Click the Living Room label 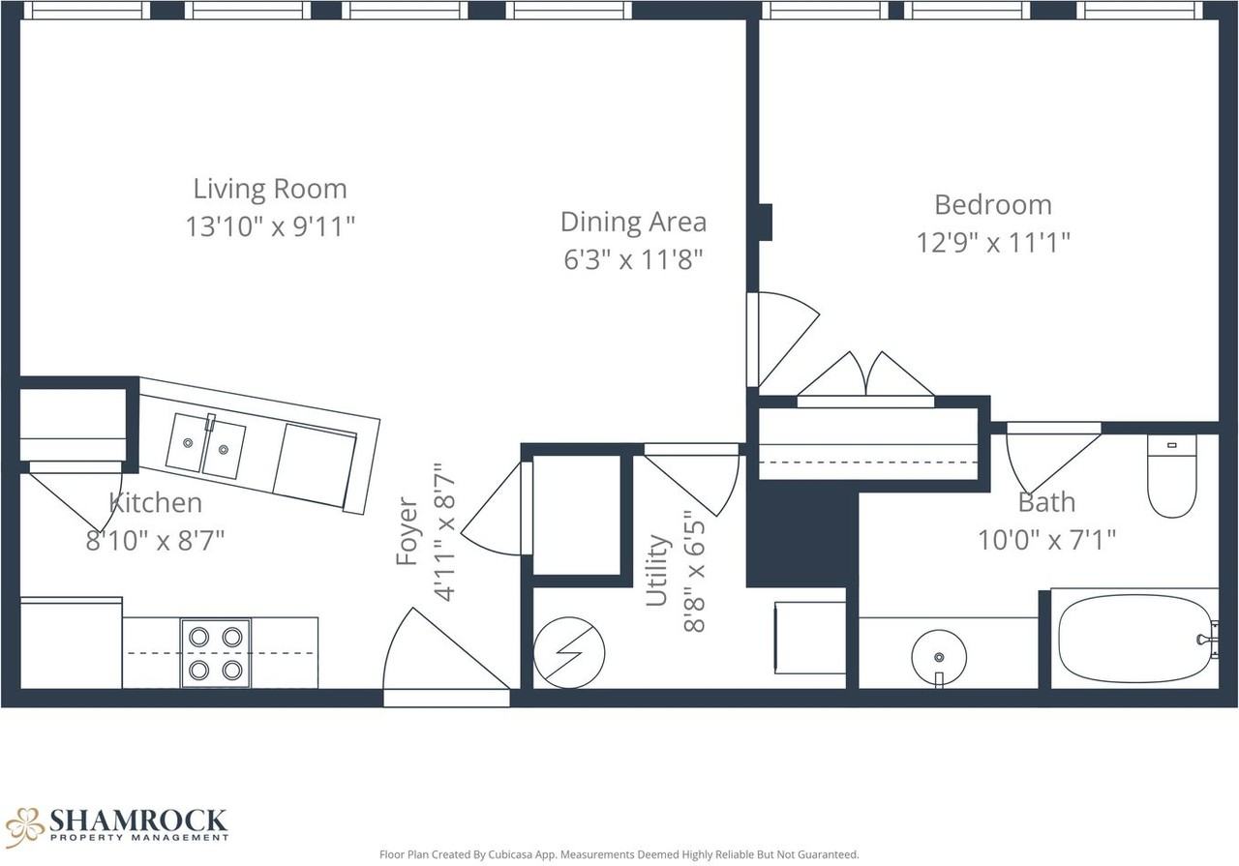(x=270, y=189)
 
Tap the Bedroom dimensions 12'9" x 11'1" (x=993, y=242)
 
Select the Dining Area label (x=633, y=222)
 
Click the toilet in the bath (x=1172, y=476)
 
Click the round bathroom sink (x=939, y=657)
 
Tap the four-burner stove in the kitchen (x=216, y=653)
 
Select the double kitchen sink (x=206, y=446)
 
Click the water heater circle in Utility (x=568, y=652)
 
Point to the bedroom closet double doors (x=865, y=374)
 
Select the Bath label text (x=1046, y=502)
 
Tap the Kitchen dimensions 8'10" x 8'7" (x=156, y=540)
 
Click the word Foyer (x=408, y=531)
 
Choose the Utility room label (x=658, y=570)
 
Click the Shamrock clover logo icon (x=24, y=827)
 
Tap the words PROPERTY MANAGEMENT (x=139, y=838)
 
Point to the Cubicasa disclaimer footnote (x=619, y=854)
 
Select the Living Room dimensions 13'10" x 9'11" (x=270, y=226)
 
